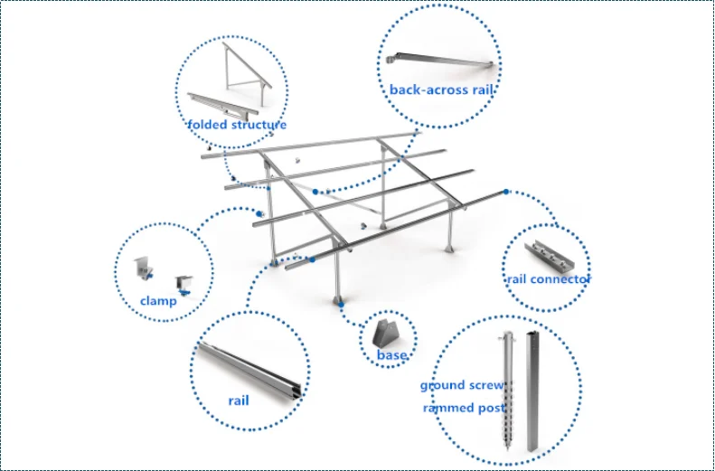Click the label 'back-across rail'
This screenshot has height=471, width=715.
click(442, 89)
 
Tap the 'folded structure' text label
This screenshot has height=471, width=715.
click(237, 125)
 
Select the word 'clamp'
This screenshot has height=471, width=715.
click(158, 301)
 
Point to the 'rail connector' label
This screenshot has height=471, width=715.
click(548, 279)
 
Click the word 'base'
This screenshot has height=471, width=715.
click(391, 355)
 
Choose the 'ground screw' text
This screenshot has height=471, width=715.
click(462, 386)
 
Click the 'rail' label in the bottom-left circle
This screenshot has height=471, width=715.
click(238, 400)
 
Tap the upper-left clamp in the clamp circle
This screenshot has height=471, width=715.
click(142, 266)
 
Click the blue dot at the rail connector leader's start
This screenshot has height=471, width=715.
click(506, 192)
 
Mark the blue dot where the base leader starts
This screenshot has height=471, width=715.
click(341, 305)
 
